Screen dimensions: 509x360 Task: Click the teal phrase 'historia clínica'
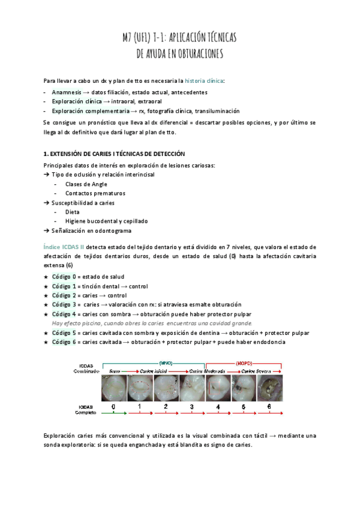206,80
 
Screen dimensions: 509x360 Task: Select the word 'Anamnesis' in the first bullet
67,92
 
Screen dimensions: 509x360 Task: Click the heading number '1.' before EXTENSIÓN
47,154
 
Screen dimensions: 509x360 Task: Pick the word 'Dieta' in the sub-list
72,212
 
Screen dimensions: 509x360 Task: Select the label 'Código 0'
64,277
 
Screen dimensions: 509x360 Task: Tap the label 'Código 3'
64,305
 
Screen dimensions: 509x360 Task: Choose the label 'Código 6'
64,342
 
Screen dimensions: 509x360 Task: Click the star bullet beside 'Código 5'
46,333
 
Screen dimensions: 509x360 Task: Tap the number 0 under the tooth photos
113,406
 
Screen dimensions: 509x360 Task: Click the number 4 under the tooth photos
218,406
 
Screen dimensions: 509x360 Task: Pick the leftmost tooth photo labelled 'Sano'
114,388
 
